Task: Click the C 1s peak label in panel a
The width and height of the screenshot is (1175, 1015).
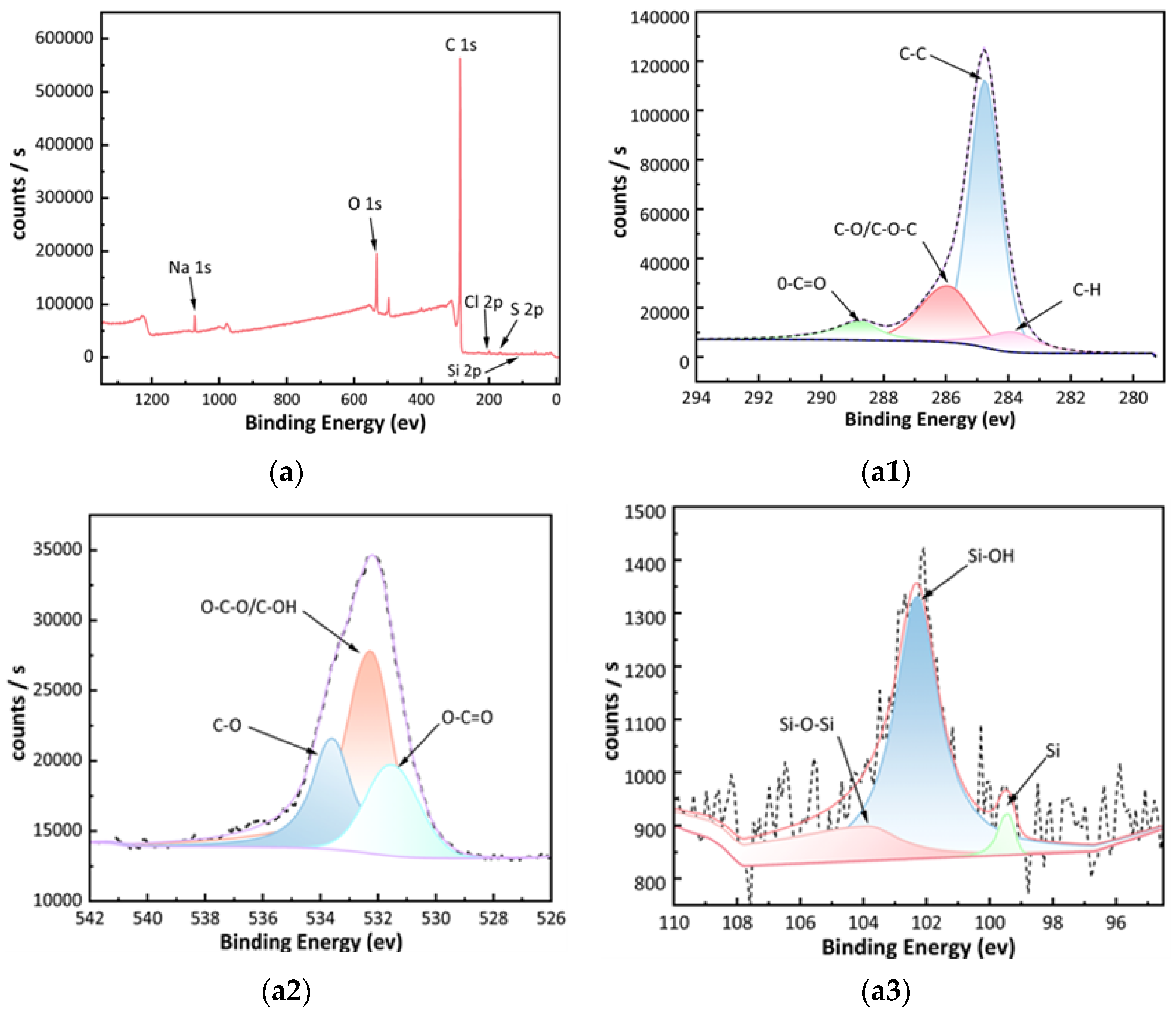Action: tap(460, 45)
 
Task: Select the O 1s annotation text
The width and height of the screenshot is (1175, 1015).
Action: tap(365, 204)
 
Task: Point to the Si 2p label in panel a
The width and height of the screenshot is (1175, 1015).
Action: tap(464, 371)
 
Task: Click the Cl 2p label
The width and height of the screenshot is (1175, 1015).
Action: tap(483, 302)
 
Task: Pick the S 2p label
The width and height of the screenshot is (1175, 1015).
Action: tap(526, 310)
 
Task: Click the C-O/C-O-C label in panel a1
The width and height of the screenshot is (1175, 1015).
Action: tap(874, 229)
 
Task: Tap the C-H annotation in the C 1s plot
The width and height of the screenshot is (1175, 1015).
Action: tap(1086, 290)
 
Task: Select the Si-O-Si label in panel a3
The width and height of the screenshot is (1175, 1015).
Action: tap(806, 724)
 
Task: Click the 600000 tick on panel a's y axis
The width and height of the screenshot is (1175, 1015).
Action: tap(64, 38)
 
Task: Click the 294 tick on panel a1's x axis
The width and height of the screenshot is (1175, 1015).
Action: tap(696, 398)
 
